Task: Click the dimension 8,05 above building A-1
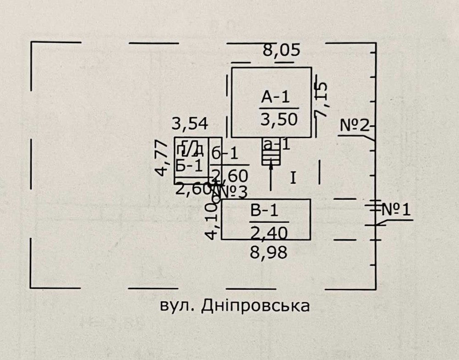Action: click(281, 50)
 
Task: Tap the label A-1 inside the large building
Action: click(276, 98)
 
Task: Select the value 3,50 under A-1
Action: click(279, 119)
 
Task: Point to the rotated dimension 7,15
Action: click(321, 100)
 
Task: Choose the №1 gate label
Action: click(396, 210)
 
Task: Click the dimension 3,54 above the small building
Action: click(190, 123)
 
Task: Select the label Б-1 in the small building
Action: click(189, 166)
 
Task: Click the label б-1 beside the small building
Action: click(225, 153)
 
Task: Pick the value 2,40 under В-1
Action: click(269, 233)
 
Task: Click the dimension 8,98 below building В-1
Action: click(269, 252)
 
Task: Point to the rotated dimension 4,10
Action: click(211, 222)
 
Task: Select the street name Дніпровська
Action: click(255, 306)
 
